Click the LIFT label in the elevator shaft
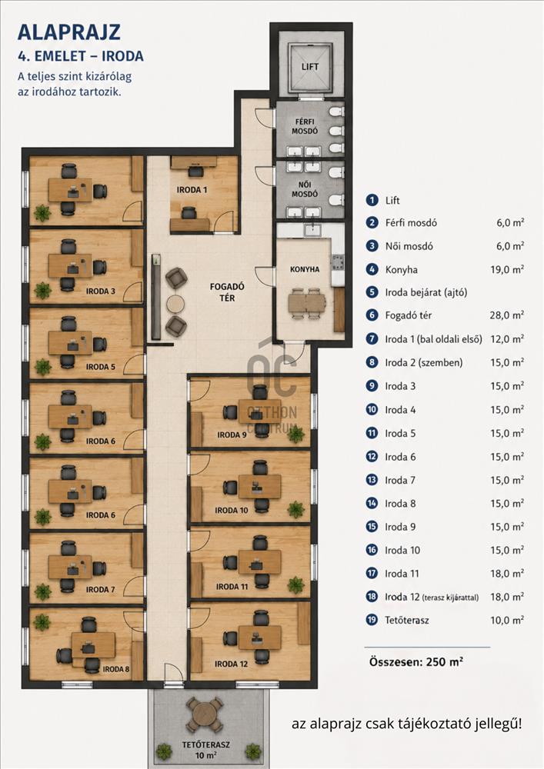309,67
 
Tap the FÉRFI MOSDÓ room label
305,126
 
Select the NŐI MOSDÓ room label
305,189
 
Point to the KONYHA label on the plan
305,269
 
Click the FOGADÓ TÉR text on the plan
227,291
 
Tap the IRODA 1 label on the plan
192,190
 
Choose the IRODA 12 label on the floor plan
231,664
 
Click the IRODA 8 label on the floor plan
116,669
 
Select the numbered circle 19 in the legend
372,620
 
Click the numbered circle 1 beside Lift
372,200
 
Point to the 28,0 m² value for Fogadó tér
507,315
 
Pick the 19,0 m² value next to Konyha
507,269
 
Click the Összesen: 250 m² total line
416,661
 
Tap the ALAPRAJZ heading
69,32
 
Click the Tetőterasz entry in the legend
407,621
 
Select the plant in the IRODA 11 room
295,584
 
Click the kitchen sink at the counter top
311,229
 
